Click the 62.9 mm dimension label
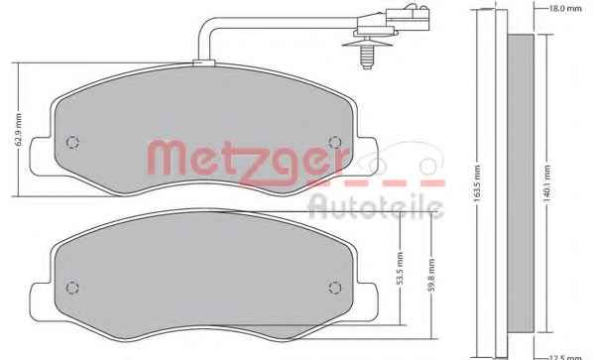coord(19,130)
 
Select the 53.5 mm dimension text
coord(400,269)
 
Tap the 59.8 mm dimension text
coord(431,276)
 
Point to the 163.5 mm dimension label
coord(477,183)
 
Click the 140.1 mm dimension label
coord(547,183)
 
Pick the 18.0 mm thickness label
coord(565,8)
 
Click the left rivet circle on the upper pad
coord(72,143)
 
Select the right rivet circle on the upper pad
coord(335,143)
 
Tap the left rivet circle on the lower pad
coord(72,288)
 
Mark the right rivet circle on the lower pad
coord(335,288)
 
